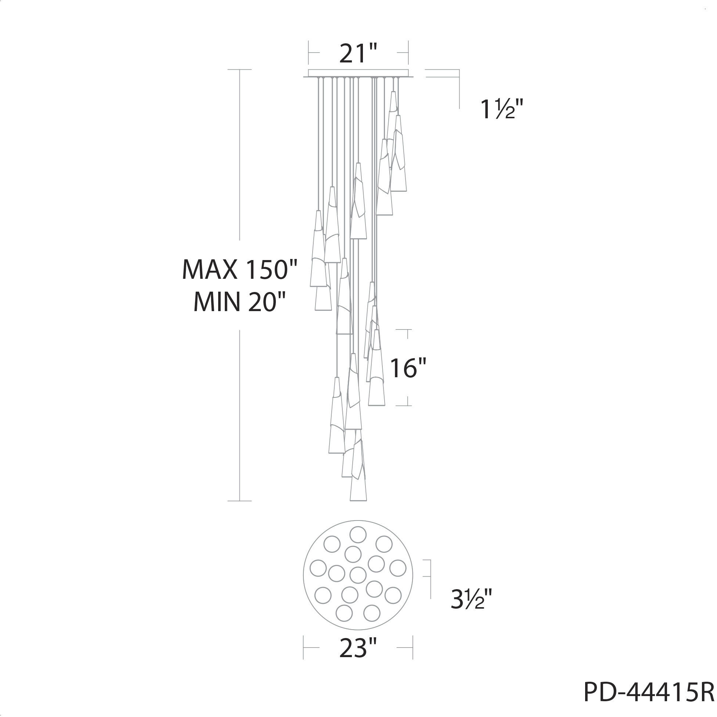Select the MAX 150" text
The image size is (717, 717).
point(240,270)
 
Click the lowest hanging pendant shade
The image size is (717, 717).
point(358,471)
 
